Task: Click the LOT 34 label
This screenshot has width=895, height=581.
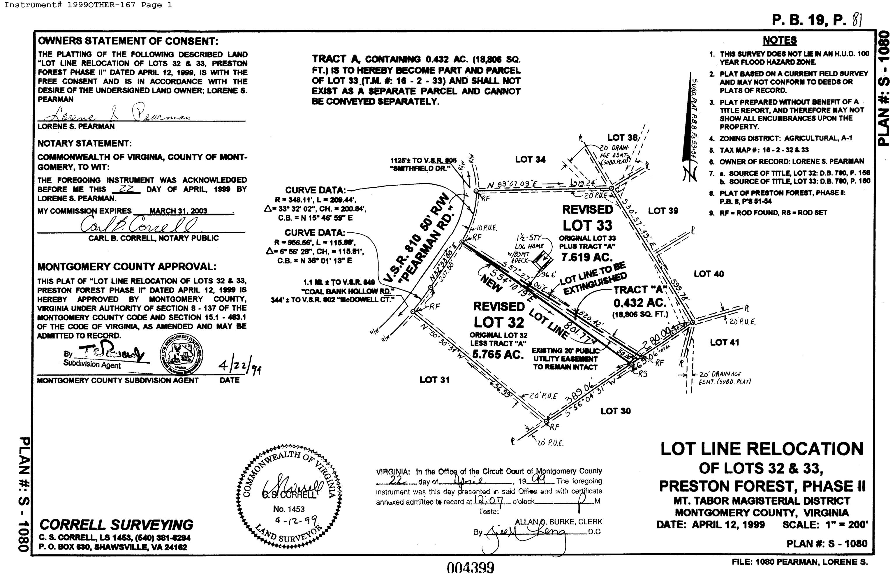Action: pyautogui.click(x=530, y=159)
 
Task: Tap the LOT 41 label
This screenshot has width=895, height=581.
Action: pyautogui.click(x=724, y=342)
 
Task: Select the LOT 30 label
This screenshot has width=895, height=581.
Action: pyautogui.click(x=615, y=411)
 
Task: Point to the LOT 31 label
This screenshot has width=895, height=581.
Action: pyautogui.click(x=434, y=380)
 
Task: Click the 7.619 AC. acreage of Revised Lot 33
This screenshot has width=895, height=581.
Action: pyautogui.click(x=587, y=257)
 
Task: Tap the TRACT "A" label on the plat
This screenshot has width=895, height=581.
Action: pyautogui.click(x=640, y=290)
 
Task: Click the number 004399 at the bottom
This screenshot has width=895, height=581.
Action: pyautogui.click(x=470, y=568)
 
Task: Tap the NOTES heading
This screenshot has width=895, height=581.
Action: pyautogui.click(x=780, y=40)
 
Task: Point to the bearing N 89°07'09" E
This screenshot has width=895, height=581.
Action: pyautogui.click(x=512, y=185)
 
